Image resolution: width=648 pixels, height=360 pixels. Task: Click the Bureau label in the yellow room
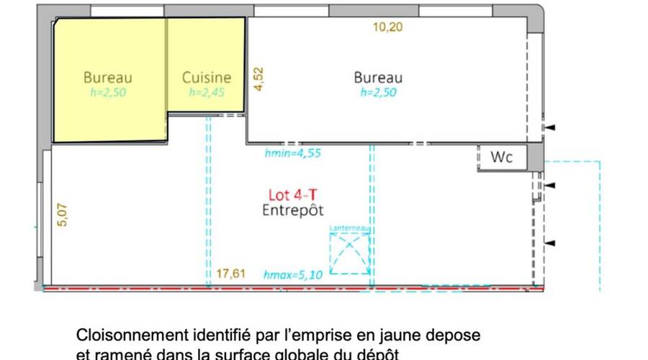(x=108, y=77)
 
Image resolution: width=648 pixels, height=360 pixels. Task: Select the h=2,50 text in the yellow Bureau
(x=108, y=92)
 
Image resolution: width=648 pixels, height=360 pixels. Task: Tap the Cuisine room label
(x=207, y=77)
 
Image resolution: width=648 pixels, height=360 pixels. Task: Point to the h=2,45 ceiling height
(x=207, y=92)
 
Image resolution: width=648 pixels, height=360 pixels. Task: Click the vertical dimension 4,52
(x=259, y=78)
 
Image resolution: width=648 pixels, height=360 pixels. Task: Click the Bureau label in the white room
(x=378, y=77)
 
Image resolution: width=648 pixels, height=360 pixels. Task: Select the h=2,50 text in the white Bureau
(x=378, y=92)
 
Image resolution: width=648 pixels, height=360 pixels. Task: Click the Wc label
(x=502, y=157)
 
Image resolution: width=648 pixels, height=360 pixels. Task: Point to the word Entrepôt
(x=292, y=210)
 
